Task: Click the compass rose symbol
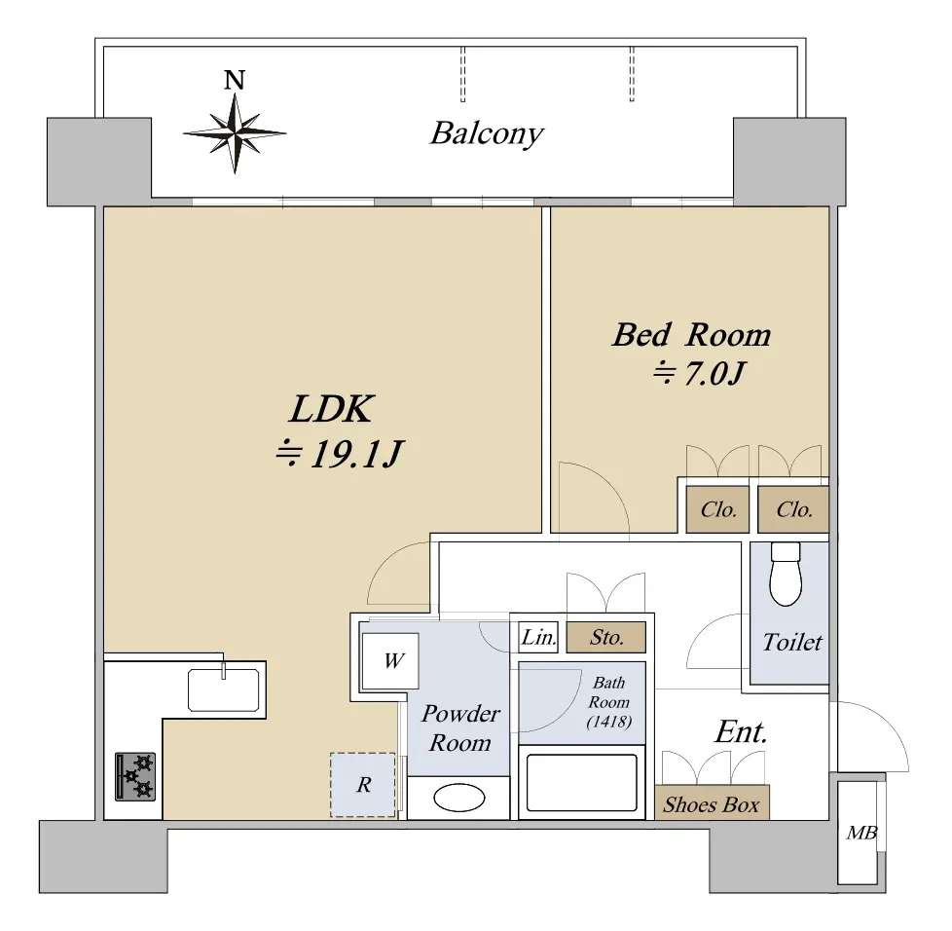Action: [x=235, y=133]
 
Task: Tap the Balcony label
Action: [x=487, y=133]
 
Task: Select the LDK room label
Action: [x=331, y=409]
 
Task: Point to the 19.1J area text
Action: [x=340, y=454]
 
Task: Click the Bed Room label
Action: [x=691, y=335]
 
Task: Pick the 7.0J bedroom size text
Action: [x=699, y=373]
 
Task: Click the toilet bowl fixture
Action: [x=786, y=574]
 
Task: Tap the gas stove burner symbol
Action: [x=135, y=777]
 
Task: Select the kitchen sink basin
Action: [x=224, y=689]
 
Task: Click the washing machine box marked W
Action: [x=389, y=660]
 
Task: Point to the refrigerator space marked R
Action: [x=363, y=785]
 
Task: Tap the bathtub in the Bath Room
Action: [x=582, y=782]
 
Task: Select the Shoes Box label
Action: [x=712, y=804]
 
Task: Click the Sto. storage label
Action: [x=606, y=637]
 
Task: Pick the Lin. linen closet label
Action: [x=539, y=637]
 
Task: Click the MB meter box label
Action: [x=861, y=833]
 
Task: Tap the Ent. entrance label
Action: [x=742, y=731]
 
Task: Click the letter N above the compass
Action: [x=235, y=80]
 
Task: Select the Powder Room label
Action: [x=460, y=728]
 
